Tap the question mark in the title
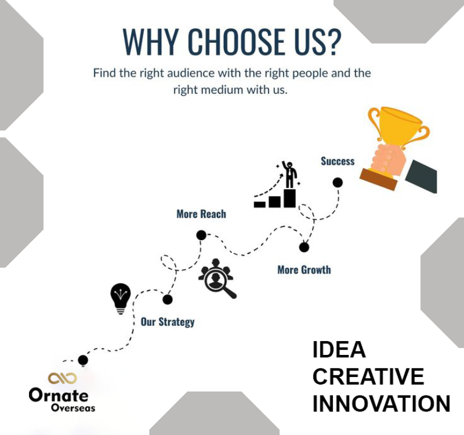tap(334, 41)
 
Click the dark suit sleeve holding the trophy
tap(421, 176)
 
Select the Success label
tap(338, 161)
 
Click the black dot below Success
tap(338, 183)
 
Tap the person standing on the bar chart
tap(289, 175)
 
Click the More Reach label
tap(201, 214)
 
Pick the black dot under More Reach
tap(201, 235)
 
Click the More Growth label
tap(304, 270)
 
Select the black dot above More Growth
tap(304, 247)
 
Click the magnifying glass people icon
tap(217, 279)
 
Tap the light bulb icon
tap(121, 299)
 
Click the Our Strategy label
tap(168, 322)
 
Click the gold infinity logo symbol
tap(63, 378)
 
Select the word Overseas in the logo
tap(73, 408)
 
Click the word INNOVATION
tap(381, 404)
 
